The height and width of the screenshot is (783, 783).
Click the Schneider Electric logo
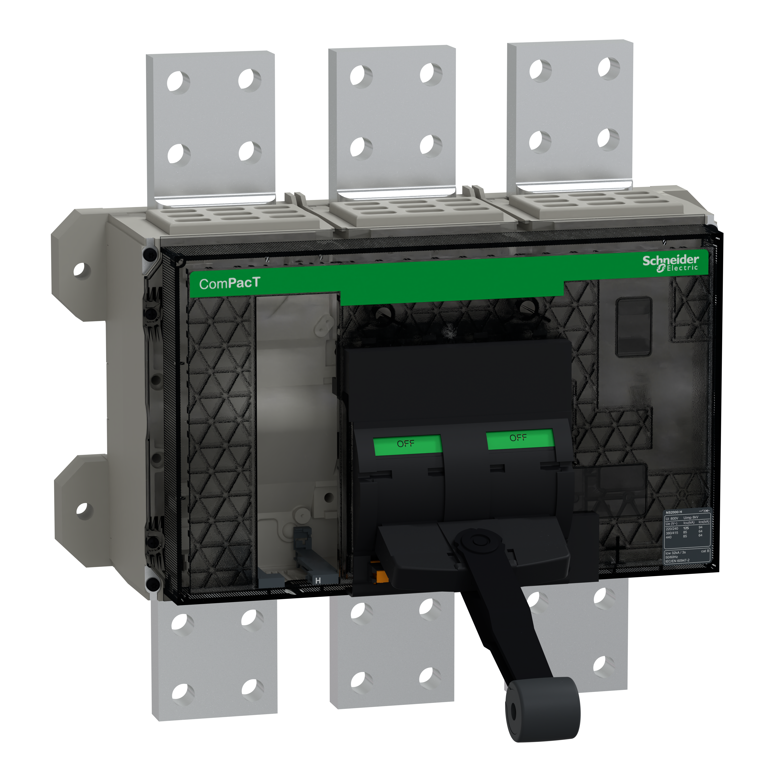coord(671,263)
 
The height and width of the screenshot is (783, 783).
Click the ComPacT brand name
coord(229,283)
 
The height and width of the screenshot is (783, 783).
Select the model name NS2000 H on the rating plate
coord(674,512)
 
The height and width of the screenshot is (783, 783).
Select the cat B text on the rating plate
coord(705,551)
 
